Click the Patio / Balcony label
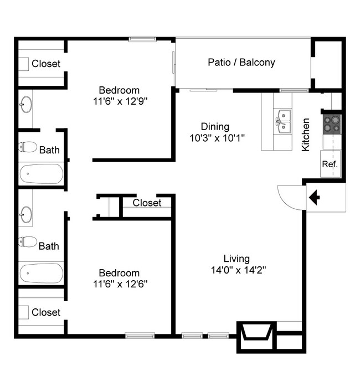tap(241, 63)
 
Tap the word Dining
tap(215, 126)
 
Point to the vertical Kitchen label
tap(305, 135)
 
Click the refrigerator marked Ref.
tap(330, 165)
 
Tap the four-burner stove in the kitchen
tap(332, 123)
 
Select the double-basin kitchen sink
tap(282, 122)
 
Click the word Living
tap(236, 259)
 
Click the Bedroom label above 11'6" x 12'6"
tap(119, 273)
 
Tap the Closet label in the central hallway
tap(147, 203)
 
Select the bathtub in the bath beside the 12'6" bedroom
tap(42, 272)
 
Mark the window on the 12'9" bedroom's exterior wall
tap(142, 39)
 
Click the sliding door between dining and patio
tap(203, 90)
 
